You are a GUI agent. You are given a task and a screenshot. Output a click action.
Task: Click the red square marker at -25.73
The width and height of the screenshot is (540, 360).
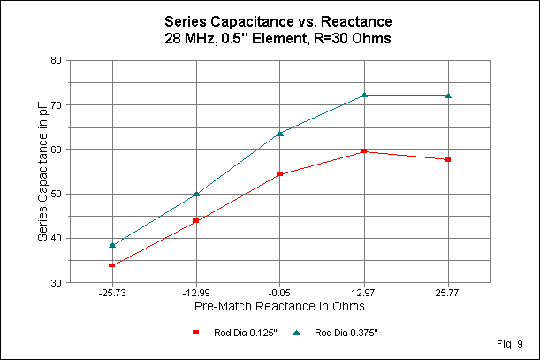[112, 264]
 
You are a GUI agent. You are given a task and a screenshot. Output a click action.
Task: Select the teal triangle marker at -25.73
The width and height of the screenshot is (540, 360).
[112, 245]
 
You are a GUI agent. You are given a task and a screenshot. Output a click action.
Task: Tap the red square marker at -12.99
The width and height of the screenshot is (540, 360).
[196, 220]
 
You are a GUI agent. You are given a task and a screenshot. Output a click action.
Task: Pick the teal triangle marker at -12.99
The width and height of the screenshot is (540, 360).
[196, 194]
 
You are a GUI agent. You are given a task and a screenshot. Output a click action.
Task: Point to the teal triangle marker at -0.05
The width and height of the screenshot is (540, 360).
[280, 133]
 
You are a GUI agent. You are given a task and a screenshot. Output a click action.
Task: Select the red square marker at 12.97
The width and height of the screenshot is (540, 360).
[364, 151]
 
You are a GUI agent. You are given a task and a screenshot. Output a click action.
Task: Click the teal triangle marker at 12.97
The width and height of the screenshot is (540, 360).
[364, 95]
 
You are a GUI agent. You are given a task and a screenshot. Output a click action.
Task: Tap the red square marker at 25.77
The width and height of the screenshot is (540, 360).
[448, 159]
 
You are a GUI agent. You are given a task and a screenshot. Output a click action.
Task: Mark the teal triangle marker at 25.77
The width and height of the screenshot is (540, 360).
[448, 96]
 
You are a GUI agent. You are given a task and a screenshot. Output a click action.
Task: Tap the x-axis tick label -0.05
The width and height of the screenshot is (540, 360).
[280, 292]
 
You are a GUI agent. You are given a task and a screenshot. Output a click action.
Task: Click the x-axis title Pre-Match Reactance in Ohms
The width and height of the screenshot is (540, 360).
[280, 305]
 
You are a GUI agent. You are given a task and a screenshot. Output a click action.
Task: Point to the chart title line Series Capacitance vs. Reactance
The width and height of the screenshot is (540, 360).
[270, 19]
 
